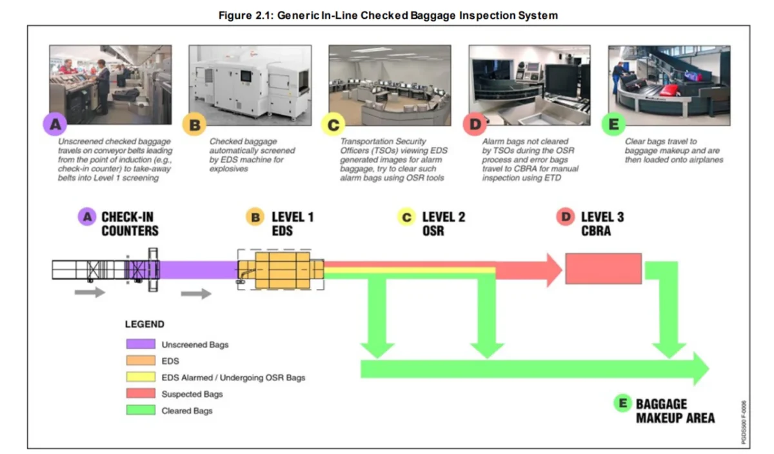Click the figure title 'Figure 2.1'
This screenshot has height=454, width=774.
coord(386,15)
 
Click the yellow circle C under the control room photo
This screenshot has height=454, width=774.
coord(333,124)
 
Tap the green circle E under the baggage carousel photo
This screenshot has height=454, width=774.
coord(613,124)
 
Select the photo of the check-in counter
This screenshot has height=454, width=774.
coord(110,84)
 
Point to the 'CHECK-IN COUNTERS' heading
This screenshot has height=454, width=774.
coord(130,223)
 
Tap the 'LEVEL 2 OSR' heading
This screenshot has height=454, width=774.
coord(442,223)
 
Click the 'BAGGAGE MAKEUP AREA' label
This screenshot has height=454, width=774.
coord(675,411)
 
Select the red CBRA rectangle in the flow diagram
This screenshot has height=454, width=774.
coord(603,268)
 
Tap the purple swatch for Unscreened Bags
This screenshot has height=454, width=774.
coord(140,344)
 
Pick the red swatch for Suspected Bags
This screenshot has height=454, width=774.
coord(140,393)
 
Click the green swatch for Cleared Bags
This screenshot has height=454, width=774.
coord(140,410)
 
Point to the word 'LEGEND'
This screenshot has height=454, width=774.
coord(144,324)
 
